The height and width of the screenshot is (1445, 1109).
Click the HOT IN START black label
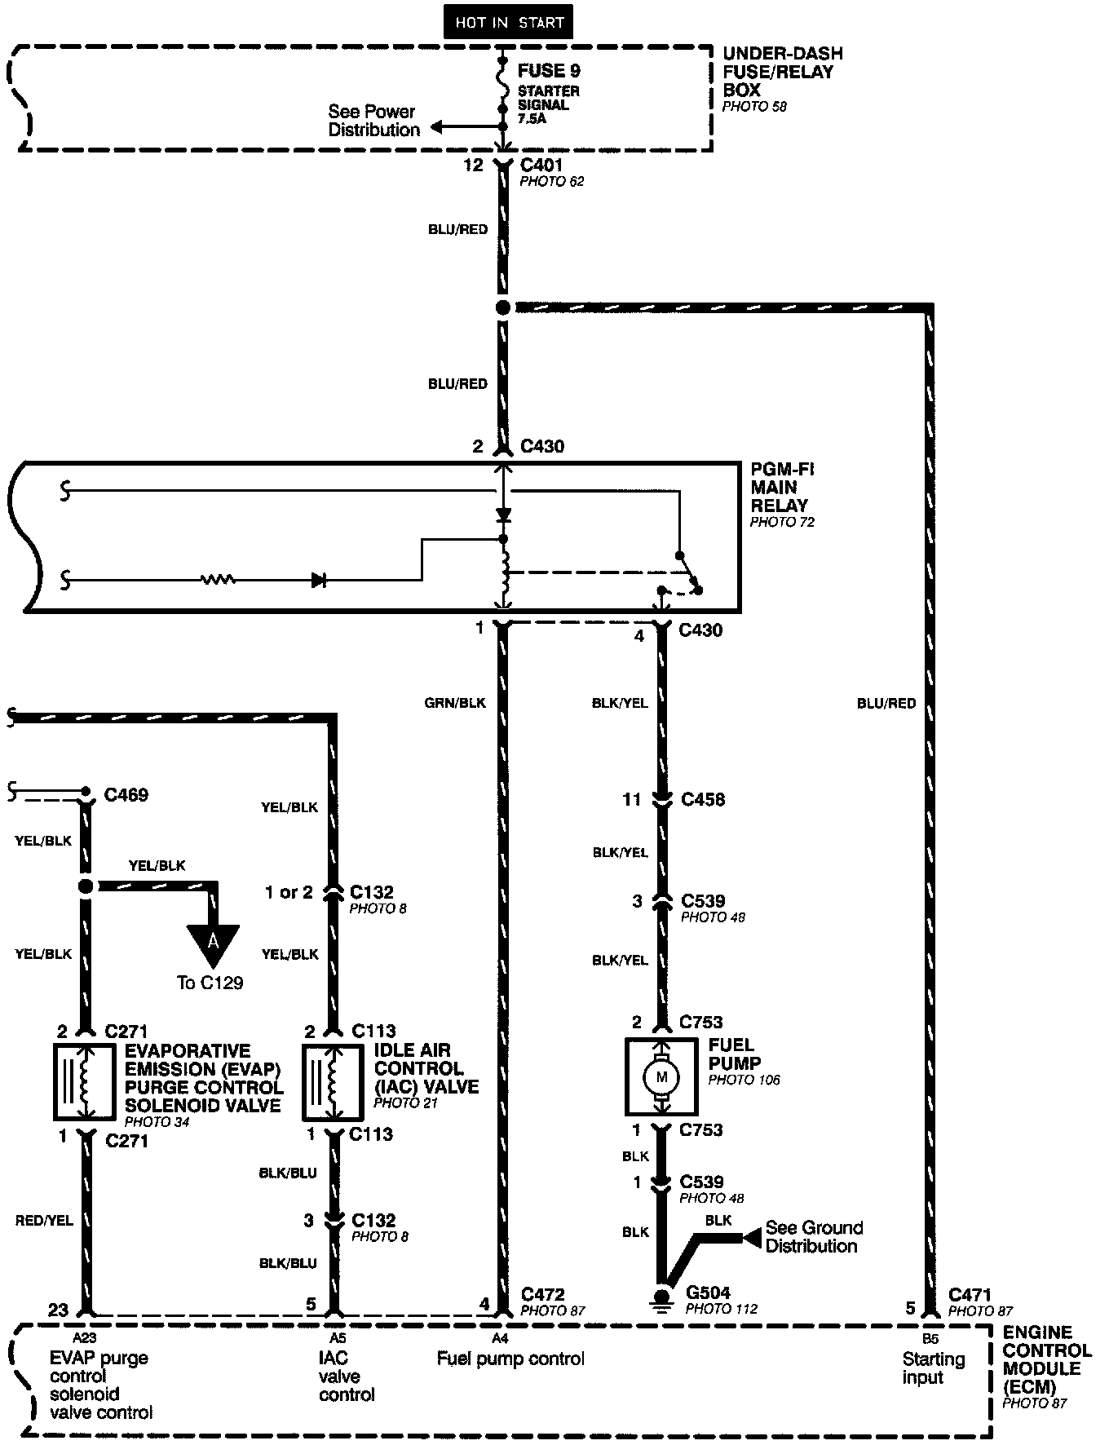click(509, 22)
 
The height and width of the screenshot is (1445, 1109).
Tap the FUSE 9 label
click(548, 71)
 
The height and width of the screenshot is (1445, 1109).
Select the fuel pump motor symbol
click(661, 1077)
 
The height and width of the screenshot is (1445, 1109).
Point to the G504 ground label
click(709, 1293)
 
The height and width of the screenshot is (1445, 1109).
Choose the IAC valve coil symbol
click(333, 1081)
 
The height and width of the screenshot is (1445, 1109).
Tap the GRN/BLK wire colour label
click(455, 703)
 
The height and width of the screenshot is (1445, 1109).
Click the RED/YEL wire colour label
click(44, 1221)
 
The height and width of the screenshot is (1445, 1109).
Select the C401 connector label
click(541, 166)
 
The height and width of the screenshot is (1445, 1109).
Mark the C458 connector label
click(702, 799)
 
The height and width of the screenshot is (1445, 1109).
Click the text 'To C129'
click(210, 983)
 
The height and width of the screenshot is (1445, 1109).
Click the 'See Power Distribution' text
click(373, 121)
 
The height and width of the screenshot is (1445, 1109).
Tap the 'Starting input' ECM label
click(933, 1368)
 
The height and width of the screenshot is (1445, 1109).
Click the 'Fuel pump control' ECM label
click(510, 1359)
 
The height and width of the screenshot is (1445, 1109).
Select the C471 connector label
click(970, 1294)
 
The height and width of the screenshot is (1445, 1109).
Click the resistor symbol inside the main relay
click(218, 580)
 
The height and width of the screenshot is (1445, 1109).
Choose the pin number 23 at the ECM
click(58, 1310)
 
